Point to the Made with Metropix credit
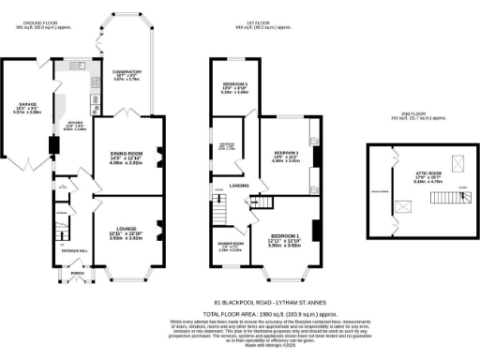tap(240, 345)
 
